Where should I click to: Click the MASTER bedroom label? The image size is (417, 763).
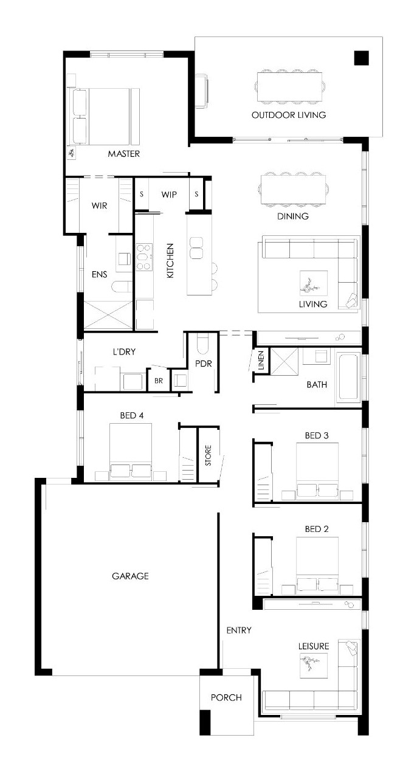tap(123, 154)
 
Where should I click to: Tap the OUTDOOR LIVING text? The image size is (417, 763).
tap(289, 115)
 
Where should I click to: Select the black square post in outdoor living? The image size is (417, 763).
tap(361, 58)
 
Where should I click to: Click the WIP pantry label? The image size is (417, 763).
tap(169, 195)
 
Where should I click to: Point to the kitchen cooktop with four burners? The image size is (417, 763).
tap(144, 257)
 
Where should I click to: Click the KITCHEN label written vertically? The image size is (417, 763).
tap(170, 261)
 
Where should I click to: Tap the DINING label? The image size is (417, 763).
tap(292, 216)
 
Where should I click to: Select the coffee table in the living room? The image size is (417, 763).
tap(314, 283)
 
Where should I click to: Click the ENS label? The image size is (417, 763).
tap(99, 274)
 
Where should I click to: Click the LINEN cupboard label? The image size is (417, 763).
tap(261, 360)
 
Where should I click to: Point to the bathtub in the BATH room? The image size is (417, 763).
tap(348, 377)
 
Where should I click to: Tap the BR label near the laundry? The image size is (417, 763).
tap(159, 381)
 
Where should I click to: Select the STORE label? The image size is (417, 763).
tap(208, 455)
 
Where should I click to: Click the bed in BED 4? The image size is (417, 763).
tap(131, 452)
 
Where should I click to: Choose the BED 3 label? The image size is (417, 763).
tap(317, 435)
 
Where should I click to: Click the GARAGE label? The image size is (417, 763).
tap(130, 576)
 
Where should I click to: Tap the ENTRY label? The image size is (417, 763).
tap(239, 630)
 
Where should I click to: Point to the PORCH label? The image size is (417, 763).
tap(226, 697)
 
